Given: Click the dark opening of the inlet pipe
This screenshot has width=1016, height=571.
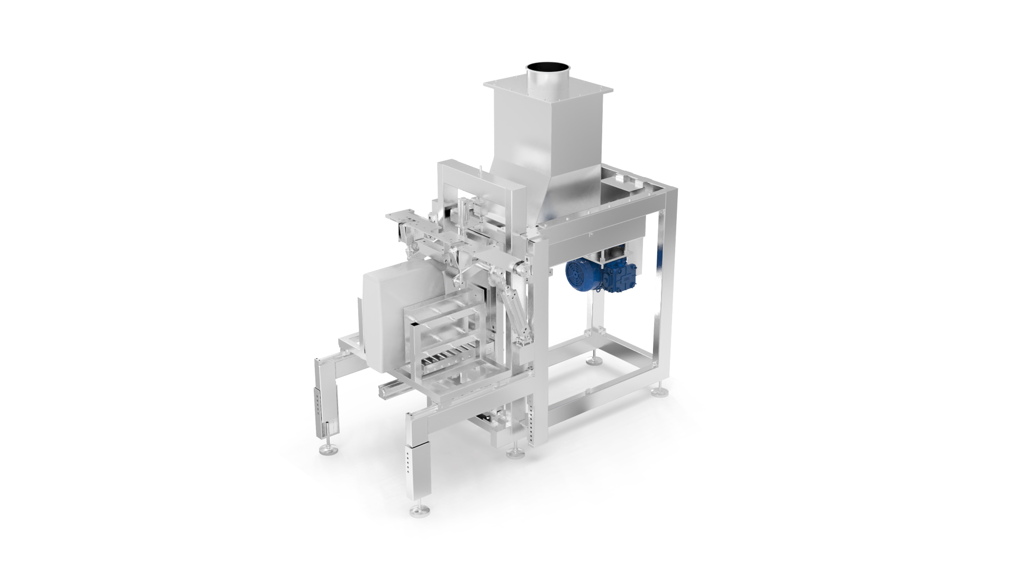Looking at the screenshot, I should pos(547,68).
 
